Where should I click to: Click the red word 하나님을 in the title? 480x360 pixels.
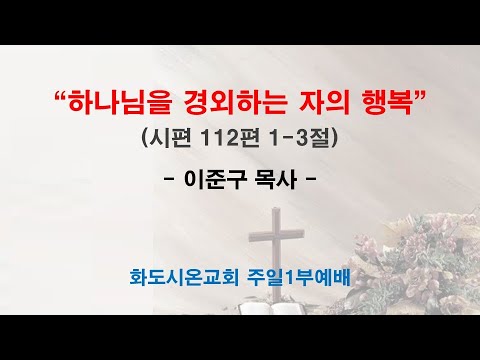point(113,101)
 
